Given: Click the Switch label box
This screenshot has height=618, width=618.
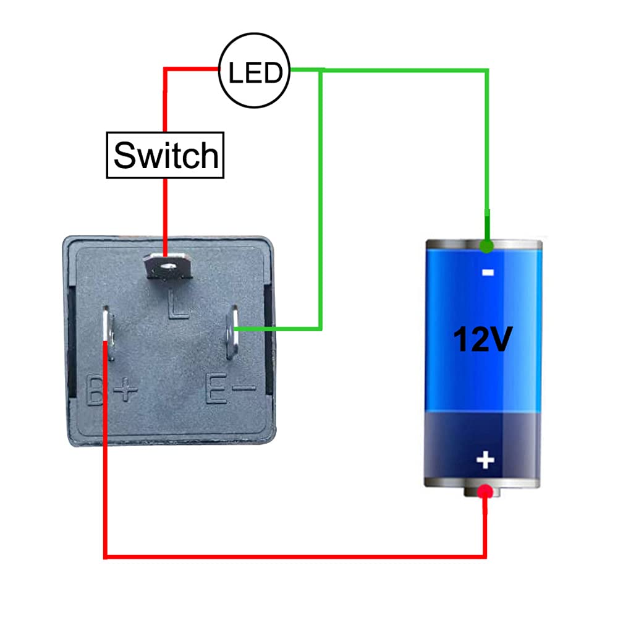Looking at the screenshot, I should pyautogui.click(x=165, y=155).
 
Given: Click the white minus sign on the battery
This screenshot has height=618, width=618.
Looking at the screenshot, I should pyautogui.click(x=486, y=272).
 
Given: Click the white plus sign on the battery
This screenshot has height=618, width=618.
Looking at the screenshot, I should pyautogui.click(x=486, y=460).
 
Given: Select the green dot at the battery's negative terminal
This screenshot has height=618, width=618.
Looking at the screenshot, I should pyautogui.click(x=487, y=247).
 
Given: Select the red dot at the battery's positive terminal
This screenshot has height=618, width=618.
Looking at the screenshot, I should pyautogui.click(x=486, y=492).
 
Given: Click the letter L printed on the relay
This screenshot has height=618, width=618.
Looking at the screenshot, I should pyautogui.click(x=178, y=308).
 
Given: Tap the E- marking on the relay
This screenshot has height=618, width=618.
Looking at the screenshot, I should pyautogui.click(x=230, y=391).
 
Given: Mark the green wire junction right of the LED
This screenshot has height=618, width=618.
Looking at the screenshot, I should pyautogui.click(x=321, y=70).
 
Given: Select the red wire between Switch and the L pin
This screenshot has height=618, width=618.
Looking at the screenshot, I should pyautogui.click(x=165, y=210).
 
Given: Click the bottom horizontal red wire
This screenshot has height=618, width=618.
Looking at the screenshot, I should pyautogui.click(x=297, y=557).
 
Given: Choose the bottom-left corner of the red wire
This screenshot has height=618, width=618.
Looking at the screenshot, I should pyautogui.click(x=105, y=556).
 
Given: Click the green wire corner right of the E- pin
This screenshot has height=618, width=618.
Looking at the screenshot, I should pyautogui.click(x=321, y=328).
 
